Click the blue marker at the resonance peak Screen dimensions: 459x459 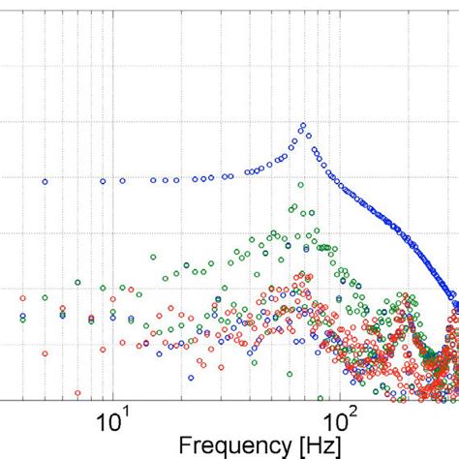click(x=302, y=126)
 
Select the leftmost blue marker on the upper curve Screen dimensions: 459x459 click(x=44, y=181)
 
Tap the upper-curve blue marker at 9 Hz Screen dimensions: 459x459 click(x=103, y=181)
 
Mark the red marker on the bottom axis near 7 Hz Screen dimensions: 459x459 click(x=77, y=393)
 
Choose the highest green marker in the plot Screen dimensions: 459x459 click(x=291, y=206)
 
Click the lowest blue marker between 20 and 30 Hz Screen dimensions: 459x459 click(x=191, y=377)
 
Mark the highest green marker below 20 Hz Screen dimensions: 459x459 click(x=152, y=257)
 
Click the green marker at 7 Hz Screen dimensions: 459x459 click(x=77, y=283)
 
